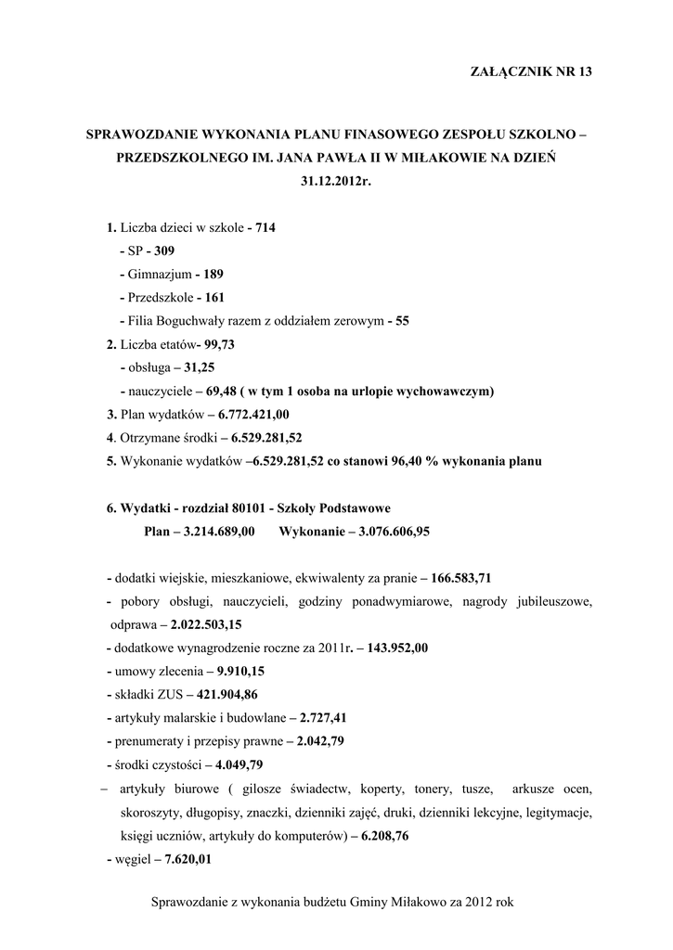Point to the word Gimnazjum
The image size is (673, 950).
point(160,275)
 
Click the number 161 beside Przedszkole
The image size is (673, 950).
point(213,298)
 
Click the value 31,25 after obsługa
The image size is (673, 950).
point(200,367)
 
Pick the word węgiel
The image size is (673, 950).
point(131,859)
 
